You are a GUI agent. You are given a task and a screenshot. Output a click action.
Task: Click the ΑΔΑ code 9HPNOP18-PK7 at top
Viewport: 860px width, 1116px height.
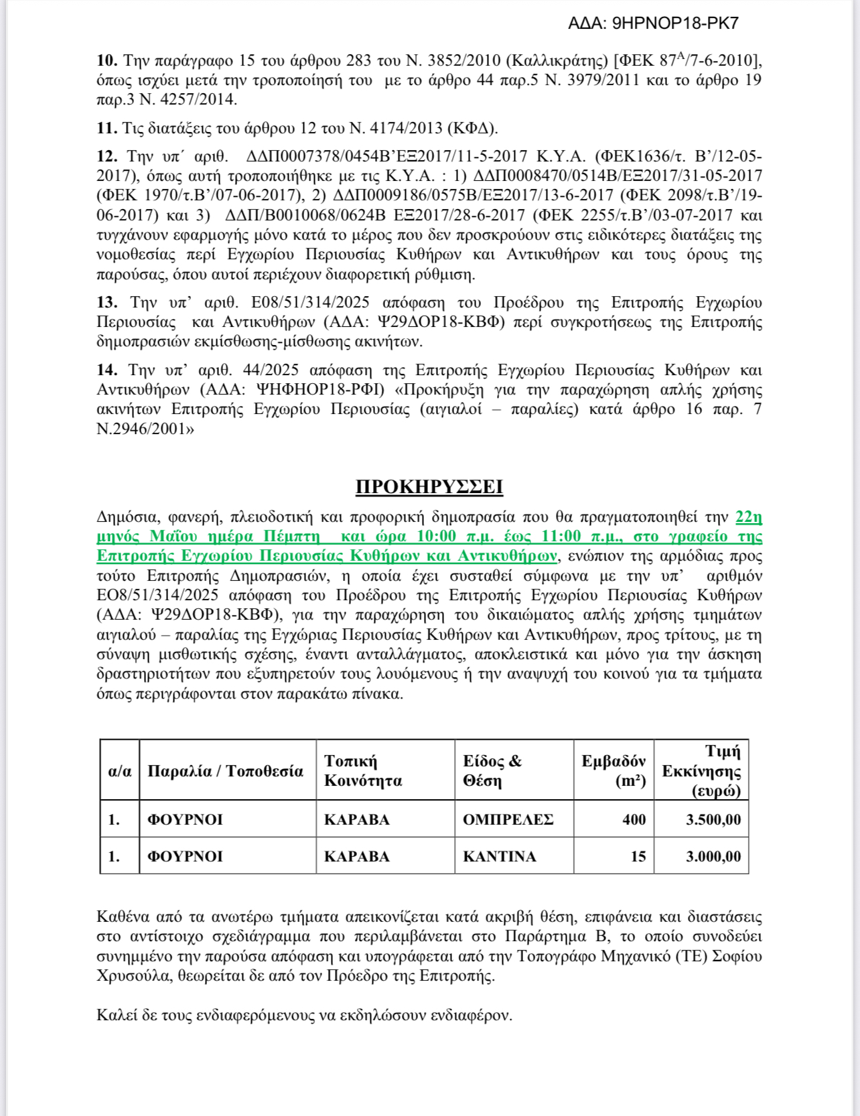[653, 23]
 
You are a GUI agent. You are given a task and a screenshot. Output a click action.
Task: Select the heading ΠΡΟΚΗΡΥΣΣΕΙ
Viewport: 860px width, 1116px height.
[429, 487]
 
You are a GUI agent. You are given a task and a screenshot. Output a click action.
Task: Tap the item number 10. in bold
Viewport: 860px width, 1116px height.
[107, 60]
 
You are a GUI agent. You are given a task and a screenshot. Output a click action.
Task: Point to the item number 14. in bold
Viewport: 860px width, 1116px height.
[107, 370]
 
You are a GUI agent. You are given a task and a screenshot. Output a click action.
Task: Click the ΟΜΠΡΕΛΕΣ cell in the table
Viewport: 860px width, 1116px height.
[508, 819]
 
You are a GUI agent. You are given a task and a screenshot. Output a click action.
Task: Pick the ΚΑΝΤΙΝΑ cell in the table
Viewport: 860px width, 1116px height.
[499, 856]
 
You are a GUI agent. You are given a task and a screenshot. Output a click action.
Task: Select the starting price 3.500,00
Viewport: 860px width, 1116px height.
[713, 819]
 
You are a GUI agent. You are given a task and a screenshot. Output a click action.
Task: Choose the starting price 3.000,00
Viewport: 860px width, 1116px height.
[713, 856]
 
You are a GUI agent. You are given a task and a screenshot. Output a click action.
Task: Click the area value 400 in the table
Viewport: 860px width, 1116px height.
[634, 819]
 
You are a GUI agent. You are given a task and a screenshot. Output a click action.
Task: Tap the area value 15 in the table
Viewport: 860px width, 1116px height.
[638, 856]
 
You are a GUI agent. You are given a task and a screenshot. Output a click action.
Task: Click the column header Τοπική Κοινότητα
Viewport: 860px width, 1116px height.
[363, 770]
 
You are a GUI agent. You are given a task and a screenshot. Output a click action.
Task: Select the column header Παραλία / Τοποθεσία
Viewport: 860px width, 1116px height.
[225, 771]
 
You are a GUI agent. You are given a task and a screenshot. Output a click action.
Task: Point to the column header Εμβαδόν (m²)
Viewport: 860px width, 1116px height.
[614, 770]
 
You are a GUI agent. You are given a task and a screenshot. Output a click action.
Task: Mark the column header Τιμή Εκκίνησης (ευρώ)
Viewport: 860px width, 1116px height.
[702, 770]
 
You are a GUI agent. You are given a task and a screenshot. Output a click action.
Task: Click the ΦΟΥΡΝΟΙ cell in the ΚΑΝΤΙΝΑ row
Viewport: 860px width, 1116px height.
[185, 856]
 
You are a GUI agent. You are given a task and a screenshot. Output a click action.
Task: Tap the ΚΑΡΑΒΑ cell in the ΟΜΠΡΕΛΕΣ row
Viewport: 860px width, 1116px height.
[356, 819]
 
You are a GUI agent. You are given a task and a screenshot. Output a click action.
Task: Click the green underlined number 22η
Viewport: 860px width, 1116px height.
[749, 516]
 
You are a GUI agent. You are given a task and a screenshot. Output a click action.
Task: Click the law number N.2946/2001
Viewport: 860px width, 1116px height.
[141, 429]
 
